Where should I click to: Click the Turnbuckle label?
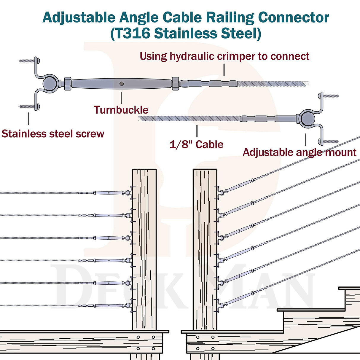click(x=121, y=110)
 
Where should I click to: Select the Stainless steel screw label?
click(x=53, y=134)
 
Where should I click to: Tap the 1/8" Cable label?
click(x=196, y=144)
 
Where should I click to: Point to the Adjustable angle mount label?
click(x=300, y=152)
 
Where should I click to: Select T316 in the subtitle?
click(x=132, y=33)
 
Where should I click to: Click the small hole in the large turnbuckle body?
click(x=122, y=84)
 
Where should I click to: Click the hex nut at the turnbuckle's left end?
click(x=68, y=84)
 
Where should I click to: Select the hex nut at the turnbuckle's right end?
click(x=175, y=84)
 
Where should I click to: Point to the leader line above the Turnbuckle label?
click(x=121, y=98)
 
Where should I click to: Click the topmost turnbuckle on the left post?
click(x=109, y=193)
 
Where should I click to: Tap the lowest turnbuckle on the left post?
click(x=109, y=305)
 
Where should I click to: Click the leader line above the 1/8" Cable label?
click(x=197, y=131)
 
